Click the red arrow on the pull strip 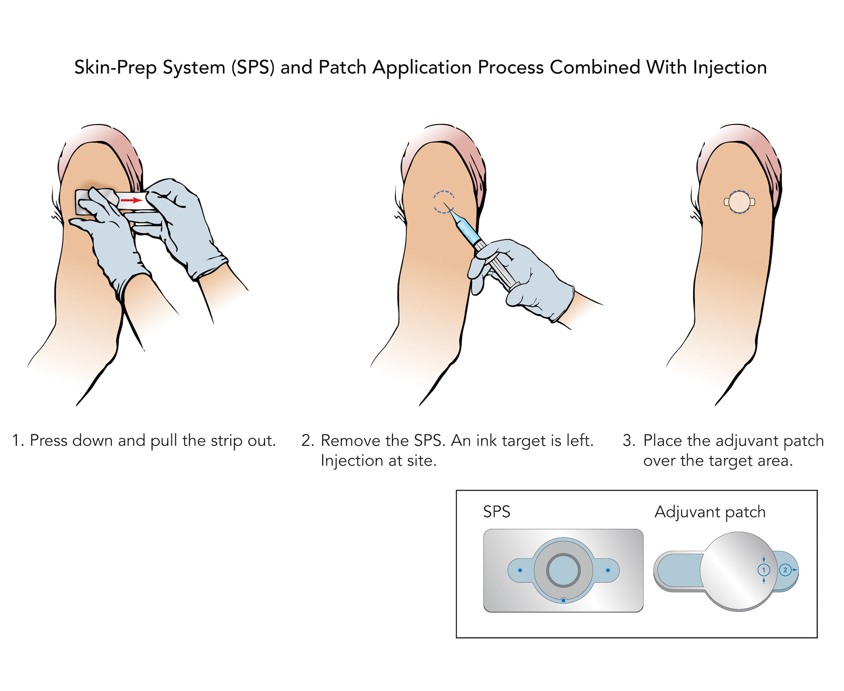(x=131, y=201)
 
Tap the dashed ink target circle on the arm (x=444, y=202)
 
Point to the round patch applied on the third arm (x=739, y=202)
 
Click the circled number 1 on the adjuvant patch (x=764, y=570)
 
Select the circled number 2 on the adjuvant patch (x=786, y=570)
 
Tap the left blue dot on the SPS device (x=520, y=570)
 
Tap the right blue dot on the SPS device (x=608, y=570)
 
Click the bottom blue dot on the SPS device (x=564, y=600)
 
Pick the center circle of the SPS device (x=564, y=570)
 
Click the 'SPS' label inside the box (x=496, y=512)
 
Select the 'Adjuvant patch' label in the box (x=710, y=512)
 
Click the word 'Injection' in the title (x=730, y=68)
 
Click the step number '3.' (x=629, y=441)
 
